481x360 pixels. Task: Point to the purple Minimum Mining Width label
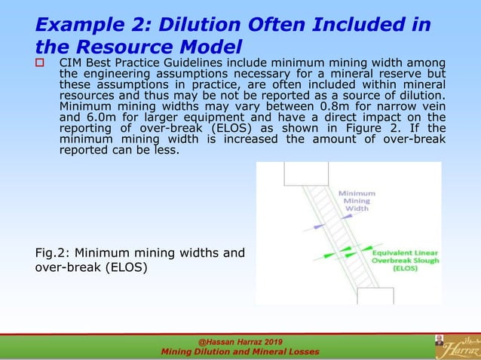click(357, 200)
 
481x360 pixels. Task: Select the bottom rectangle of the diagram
click(375, 296)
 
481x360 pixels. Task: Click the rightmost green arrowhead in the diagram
click(367, 247)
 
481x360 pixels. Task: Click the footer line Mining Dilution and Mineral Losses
click(240, 352)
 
